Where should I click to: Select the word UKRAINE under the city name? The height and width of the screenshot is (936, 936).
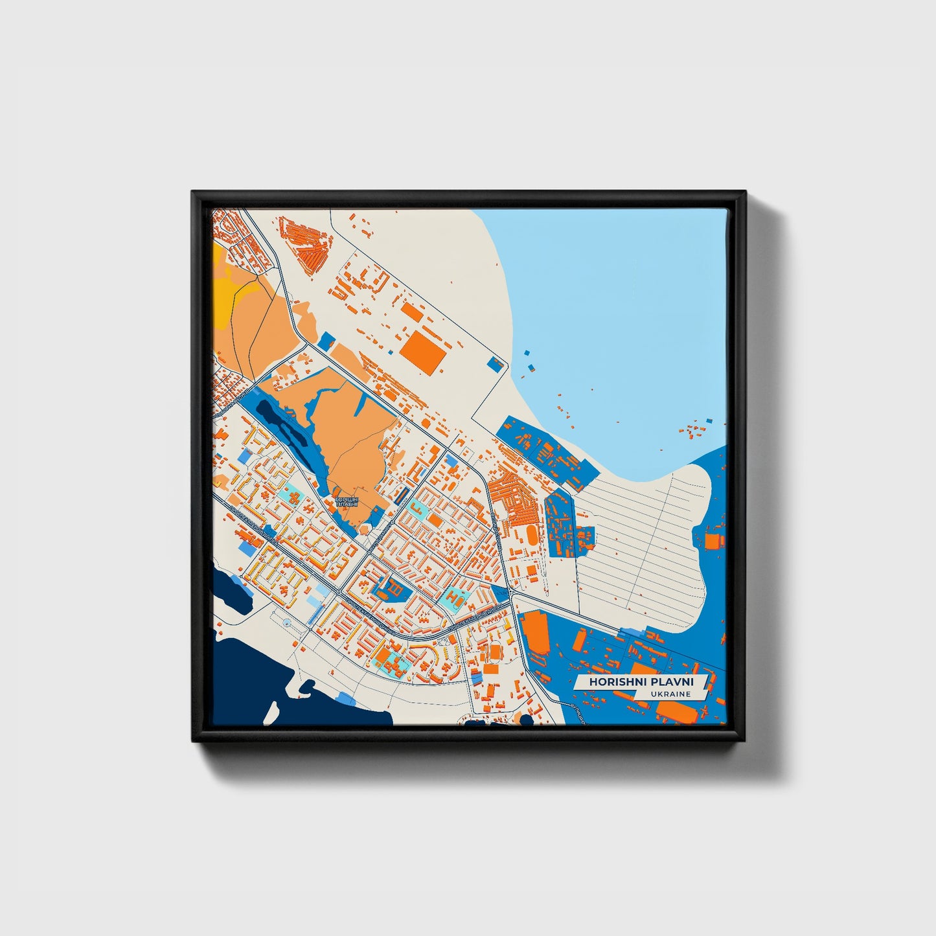click(x=672, y=694)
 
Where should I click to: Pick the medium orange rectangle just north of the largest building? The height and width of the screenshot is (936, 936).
click(x=412, y=312)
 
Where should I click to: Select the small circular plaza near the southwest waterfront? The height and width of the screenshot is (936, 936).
click(x=287, y=623)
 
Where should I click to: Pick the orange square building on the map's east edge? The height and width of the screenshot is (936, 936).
click(x=713, y=541)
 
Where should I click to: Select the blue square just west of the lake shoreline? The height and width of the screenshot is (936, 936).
click(x=496, y=364)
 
